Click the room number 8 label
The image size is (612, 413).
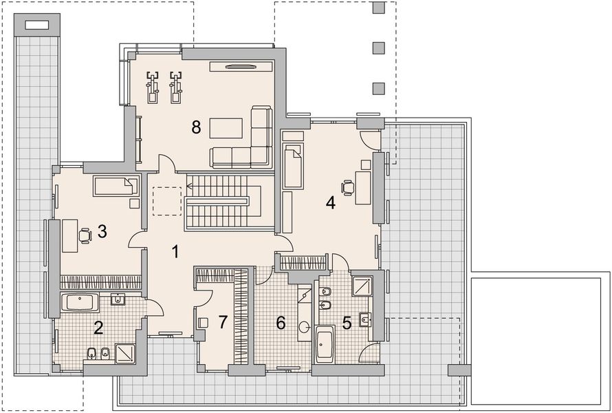[x=196, y=127]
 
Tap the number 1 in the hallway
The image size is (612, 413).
[x=175, y=252]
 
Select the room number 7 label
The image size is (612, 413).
[x=223, y=322]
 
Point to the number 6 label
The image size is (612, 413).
[x=281, y=323]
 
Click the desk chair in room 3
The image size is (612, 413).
[x=85, y=236]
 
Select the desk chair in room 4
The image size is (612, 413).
[x=347, y=187]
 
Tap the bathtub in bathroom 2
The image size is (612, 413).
[x=80, y=303]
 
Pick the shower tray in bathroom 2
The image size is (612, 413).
[x=125, y=353]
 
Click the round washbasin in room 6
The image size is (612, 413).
[x=305, y=326]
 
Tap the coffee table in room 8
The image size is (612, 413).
[x=226, y=128]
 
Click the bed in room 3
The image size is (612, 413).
[x=116, y=186]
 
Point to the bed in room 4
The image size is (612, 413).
[x=293, y=166]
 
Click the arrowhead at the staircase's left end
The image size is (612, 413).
[x=189, y=186]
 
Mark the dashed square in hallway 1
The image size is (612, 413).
[x=167, y=202]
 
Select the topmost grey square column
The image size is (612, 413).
[x=378, y=8]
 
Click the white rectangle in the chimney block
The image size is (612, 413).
[x=36, y=25]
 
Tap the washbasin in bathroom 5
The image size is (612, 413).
[x=365, y=319]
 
